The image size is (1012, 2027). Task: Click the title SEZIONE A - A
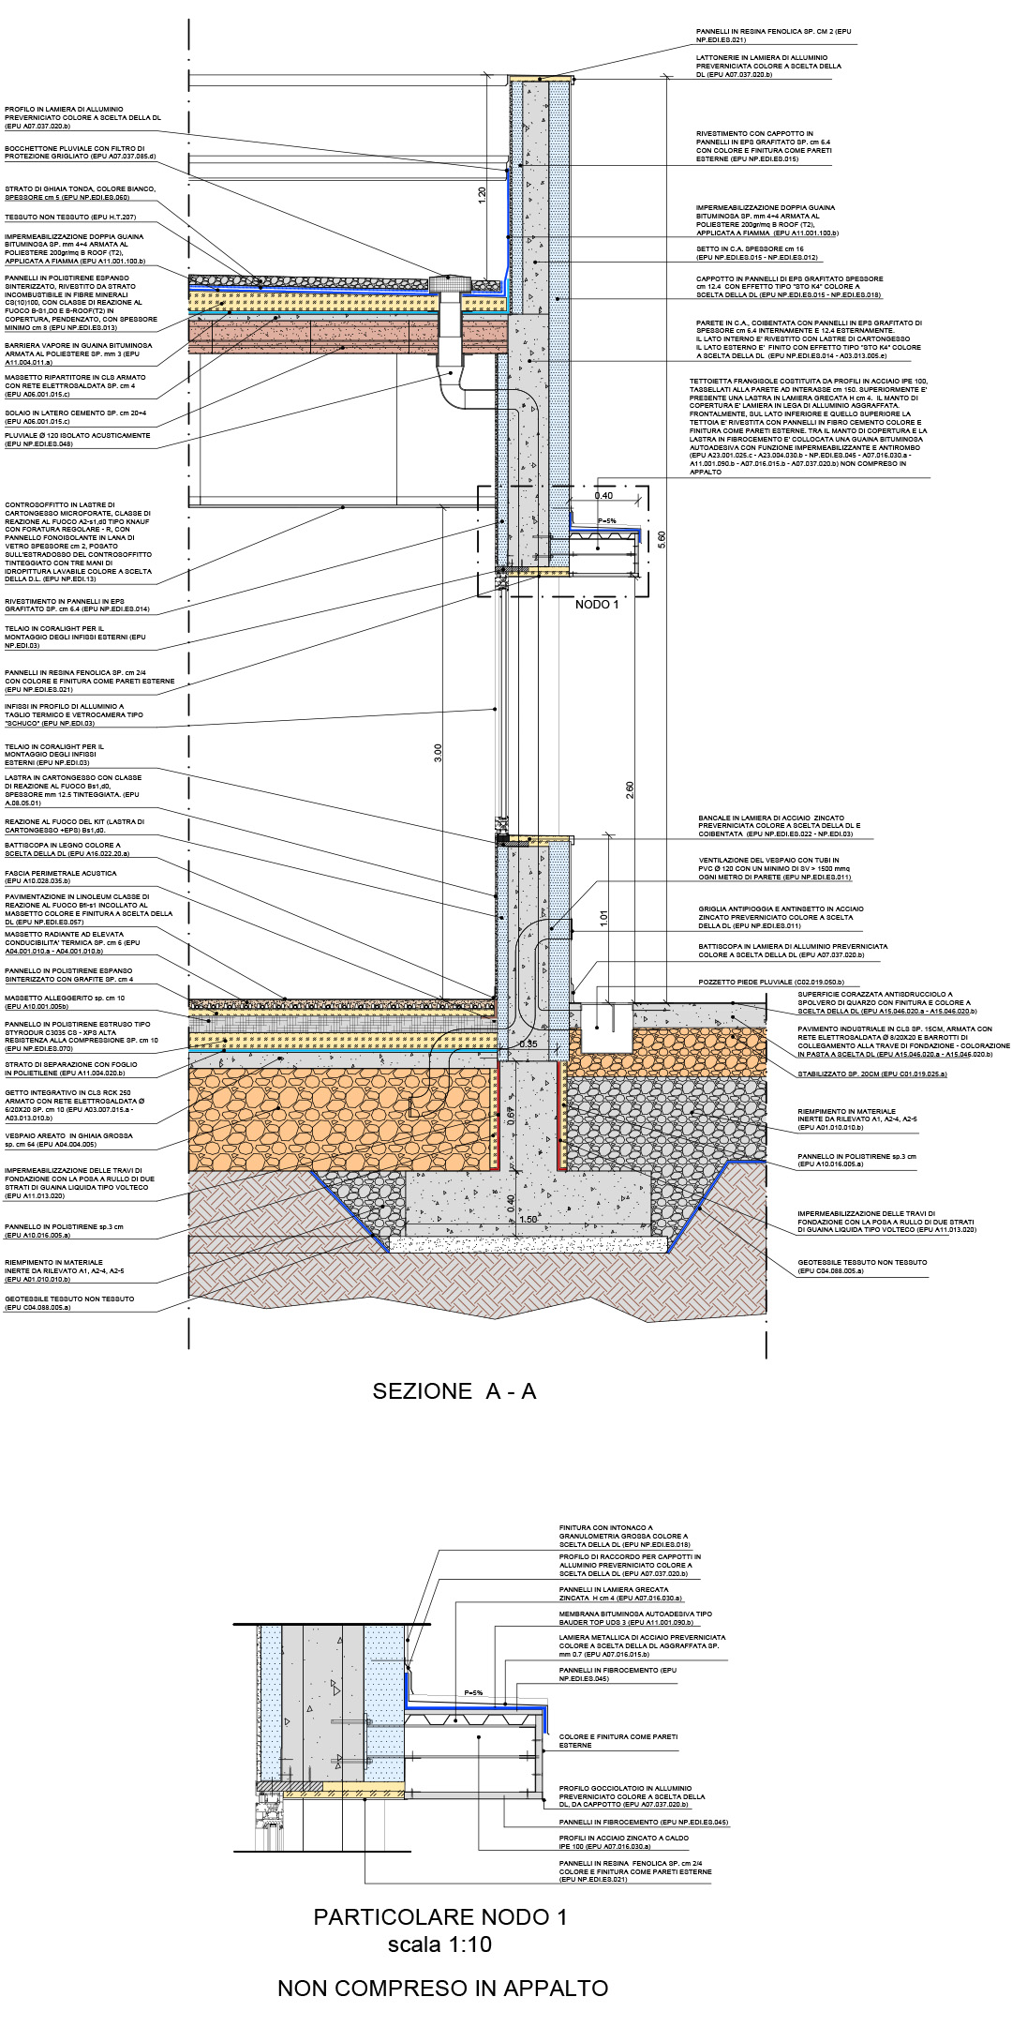coord(454,1391)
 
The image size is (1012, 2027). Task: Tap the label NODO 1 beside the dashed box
coord(597,605)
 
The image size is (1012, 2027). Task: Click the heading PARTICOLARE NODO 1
coord(440,1917)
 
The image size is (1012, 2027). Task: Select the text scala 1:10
coord(439,1944)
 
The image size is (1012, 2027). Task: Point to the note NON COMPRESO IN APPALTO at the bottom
coord(442,1988)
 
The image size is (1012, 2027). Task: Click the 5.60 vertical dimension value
coord(662,539)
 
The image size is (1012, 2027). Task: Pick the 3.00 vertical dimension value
coord(438,753)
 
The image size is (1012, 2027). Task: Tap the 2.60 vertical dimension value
coord(630,789)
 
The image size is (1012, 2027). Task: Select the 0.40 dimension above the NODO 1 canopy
coord(603,495)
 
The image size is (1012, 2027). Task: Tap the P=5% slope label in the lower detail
coord(473,1692)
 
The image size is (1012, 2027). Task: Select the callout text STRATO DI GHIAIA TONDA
coord(80,193)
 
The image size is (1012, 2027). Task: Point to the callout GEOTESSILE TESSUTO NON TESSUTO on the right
coord(862,1266)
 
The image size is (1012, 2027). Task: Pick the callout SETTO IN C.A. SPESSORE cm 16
coord(757,253)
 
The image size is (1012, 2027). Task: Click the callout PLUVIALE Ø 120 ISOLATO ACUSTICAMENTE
coord(77,440)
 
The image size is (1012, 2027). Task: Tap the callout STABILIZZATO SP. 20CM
coord(871,1074)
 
